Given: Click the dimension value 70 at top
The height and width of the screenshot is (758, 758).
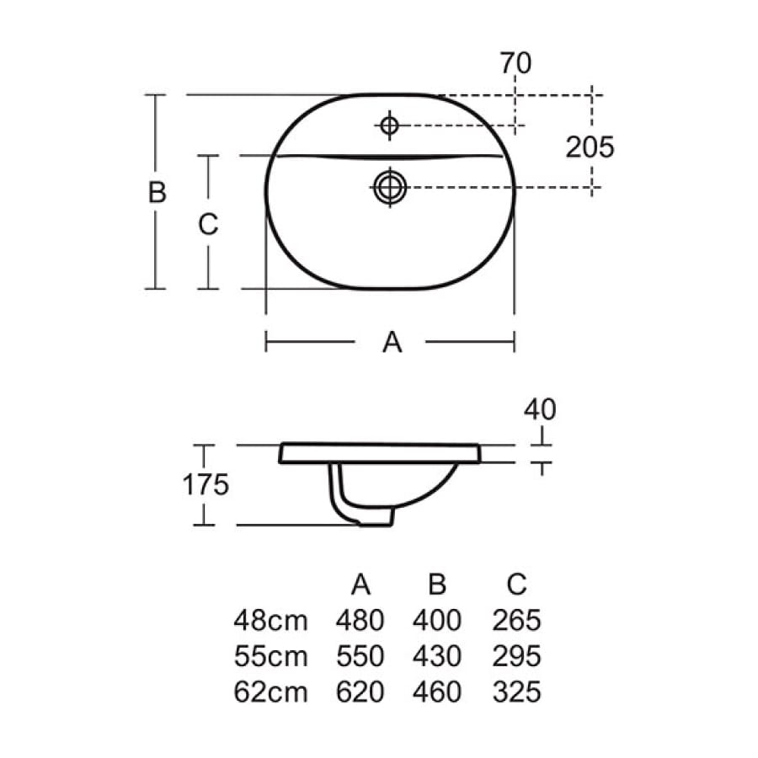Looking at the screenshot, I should tap(515, 64).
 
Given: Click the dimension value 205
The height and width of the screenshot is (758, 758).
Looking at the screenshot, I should tap(590, 147).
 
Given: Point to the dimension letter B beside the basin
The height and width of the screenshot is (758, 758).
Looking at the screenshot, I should tap(157, 193).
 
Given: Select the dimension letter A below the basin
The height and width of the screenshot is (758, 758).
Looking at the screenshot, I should tap(392, 342).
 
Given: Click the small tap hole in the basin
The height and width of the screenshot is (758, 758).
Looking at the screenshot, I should tap(389, 126).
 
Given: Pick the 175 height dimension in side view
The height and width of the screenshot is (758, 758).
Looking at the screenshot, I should tap(206, 485).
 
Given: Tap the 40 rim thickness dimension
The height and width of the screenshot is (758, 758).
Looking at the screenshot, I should tap(540, 410).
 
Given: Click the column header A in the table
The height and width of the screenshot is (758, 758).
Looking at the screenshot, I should tap(360, 584).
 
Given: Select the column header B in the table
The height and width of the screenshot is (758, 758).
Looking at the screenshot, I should tap(437, 584).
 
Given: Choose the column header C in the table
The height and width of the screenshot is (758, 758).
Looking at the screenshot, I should tap(515, 584).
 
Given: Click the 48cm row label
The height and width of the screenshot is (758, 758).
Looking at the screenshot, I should tap(270, 621).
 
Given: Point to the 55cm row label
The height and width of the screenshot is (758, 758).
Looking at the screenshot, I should tap(270, 656).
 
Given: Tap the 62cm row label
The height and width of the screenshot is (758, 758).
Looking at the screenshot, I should tap(270, 692).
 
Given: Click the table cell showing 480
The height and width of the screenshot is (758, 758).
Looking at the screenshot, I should tap(360, 621).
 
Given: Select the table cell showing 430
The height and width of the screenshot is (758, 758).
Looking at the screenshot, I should tap(437, 656).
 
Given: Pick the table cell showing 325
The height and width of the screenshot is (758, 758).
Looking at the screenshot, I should tap(515, 692).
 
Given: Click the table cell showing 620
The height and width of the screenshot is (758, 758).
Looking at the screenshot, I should tap(360, 692).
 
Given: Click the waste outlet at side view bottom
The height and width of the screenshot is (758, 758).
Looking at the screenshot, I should tap(374, 520).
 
